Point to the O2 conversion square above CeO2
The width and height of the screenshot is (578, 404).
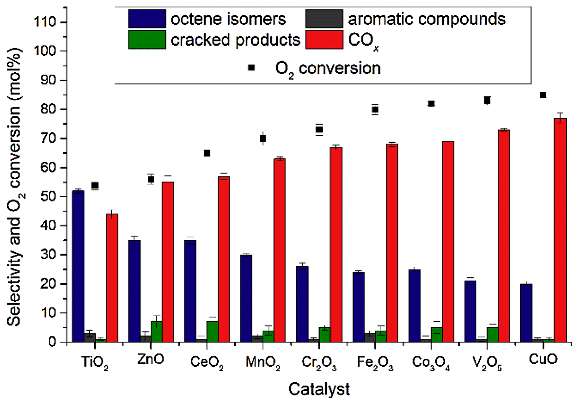click(207, 153)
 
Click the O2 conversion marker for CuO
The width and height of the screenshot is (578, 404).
click(543, 95)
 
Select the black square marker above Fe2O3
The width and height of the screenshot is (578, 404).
click(375, 110)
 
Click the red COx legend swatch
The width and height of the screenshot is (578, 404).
click(324, 40)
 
